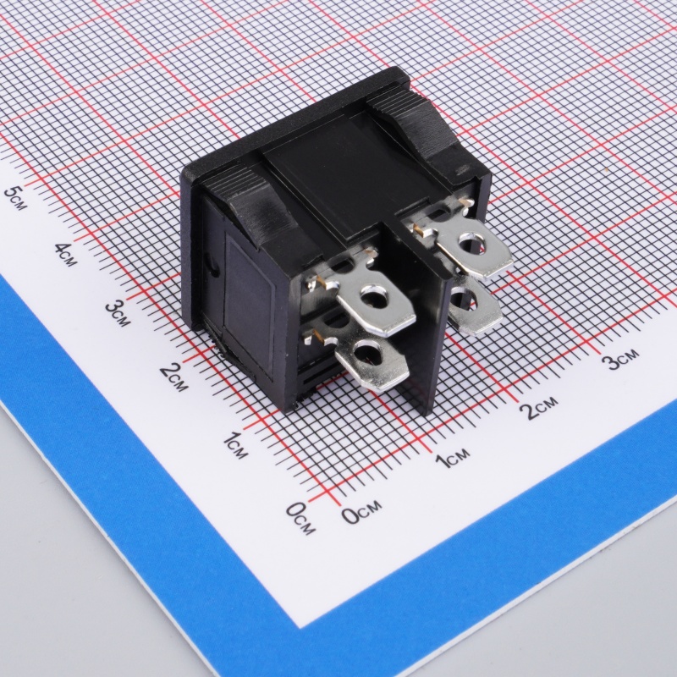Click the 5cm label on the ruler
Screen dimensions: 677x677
coord(15,198)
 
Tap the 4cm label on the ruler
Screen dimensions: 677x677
coord(66,255)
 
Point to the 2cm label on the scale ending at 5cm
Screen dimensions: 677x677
coord(174,377)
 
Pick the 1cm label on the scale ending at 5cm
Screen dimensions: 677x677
coord(236,445)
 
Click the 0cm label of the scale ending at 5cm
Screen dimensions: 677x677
coord(301,518)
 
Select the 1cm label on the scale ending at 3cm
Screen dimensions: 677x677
coord(452,458)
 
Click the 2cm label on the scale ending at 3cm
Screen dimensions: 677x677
coord(541,407)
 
